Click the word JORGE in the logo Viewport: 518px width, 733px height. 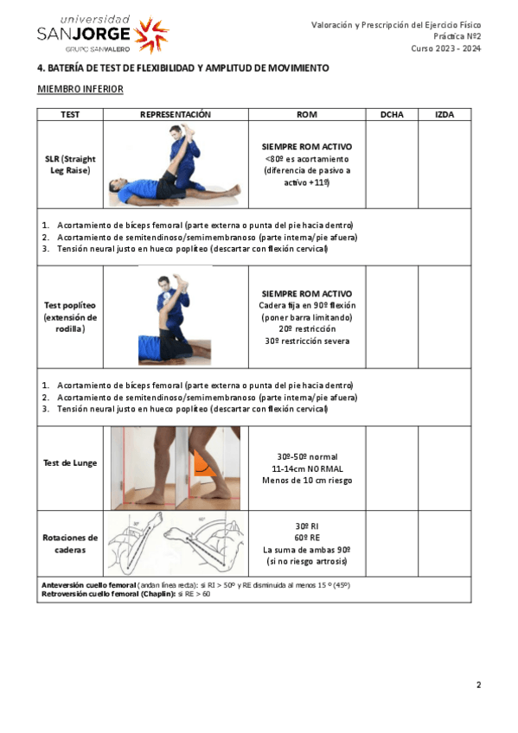tap(100, 34)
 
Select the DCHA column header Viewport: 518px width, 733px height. tap(392, 114)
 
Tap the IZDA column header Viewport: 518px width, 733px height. tap(444, 114)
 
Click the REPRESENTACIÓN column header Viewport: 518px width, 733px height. tap(176, 114)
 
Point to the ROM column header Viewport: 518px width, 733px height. tap(307, 114)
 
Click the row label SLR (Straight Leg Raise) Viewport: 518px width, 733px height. tap(70, 164)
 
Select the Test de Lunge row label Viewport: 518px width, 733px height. tap(70, 462)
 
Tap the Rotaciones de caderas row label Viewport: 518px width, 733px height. tap(70, 544)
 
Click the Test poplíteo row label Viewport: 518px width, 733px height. tap(70, 317)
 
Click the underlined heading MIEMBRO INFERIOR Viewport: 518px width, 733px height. tap(80, 89)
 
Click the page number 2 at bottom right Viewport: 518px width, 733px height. tap(479, 685)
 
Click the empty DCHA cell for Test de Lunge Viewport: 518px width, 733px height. tap(392, 468)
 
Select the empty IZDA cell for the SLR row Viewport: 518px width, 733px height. tap(444, 164)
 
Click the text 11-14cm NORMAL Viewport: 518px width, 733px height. tap(307, 468)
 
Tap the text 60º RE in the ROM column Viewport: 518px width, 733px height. tap(307, 538)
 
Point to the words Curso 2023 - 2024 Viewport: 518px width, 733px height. tap(446, 48)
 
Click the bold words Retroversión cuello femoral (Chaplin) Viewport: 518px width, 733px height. tap(109, 594)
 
